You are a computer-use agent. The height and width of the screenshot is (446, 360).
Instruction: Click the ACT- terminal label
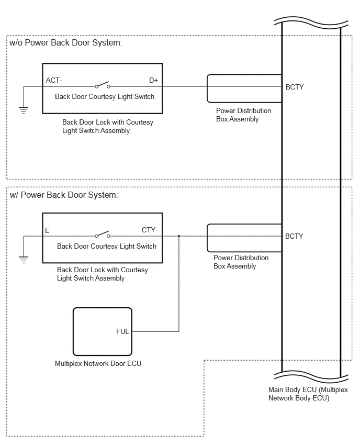(x=54, y=81)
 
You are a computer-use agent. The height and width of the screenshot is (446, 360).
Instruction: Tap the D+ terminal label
(x=153, y=81)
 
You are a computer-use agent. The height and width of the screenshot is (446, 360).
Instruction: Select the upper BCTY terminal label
(x=295, y=87)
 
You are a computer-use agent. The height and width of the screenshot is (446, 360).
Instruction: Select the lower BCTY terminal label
(x=294, y=237)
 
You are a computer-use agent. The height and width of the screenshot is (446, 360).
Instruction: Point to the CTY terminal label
(x=149, y=230)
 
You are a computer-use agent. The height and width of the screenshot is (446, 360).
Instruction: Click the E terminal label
(x=47, y=230)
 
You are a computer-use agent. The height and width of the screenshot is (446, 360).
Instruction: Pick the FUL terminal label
(x=122, y=332)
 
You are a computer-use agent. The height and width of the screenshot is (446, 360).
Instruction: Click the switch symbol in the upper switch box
(x=103, y=85)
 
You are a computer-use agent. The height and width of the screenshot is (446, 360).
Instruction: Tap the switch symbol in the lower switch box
(x=103, y=235)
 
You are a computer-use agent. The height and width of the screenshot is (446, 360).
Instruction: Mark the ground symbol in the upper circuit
(x=24, y=110)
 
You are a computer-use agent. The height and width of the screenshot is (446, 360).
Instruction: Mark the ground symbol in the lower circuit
(x=24, y=260)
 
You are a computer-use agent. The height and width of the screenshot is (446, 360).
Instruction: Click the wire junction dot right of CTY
(x=179, y=236)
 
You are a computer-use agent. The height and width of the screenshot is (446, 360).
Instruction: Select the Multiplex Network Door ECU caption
(x=98, y=363)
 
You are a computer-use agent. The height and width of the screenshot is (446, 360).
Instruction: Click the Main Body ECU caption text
(x=308, y=394)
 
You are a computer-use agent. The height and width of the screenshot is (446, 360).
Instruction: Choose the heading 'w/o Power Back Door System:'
(x=66, y=43)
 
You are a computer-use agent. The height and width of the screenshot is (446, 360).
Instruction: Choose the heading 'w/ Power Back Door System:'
(x=64, y=195)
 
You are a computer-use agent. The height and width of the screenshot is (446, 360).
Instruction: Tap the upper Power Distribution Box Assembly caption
(x=243, y=115)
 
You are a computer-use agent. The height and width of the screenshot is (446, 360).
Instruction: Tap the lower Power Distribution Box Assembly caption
(x=241, y=262)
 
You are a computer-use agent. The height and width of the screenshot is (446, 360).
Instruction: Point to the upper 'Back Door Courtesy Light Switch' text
(x=105, y=97)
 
